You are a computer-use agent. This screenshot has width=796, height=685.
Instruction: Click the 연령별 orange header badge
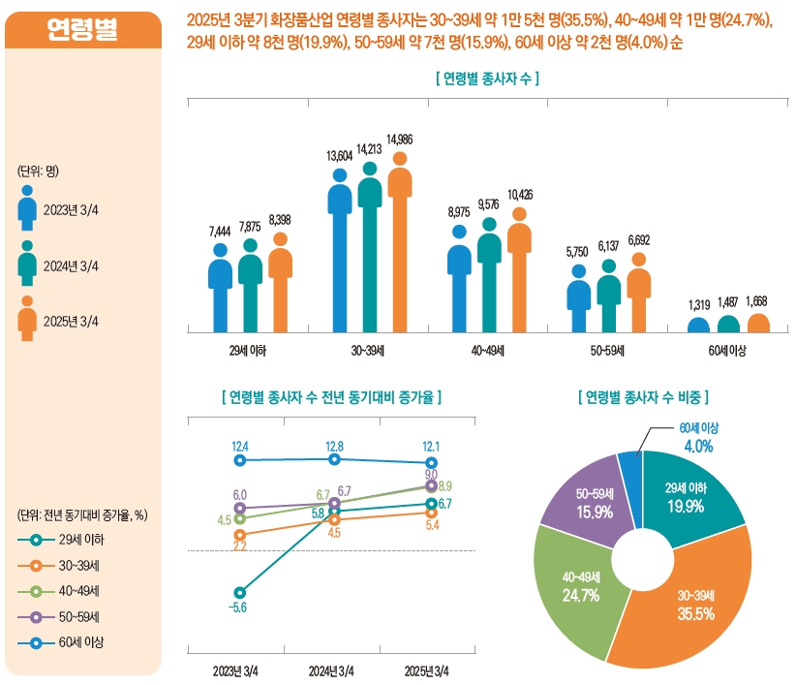[83, 30]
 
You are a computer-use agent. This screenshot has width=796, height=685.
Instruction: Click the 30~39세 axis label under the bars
[370, 350]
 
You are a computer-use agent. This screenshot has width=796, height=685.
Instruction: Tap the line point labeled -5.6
[240, 593]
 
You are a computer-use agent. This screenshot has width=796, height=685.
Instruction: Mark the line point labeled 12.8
[335, 459]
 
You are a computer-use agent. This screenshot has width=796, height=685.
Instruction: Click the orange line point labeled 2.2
[240, 534]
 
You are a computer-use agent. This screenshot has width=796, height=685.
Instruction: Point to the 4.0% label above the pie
[698, 447]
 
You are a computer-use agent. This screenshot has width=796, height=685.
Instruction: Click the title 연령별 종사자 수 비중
[642, 397]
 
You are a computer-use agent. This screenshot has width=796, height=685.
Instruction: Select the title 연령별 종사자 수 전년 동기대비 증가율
[332, 397]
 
